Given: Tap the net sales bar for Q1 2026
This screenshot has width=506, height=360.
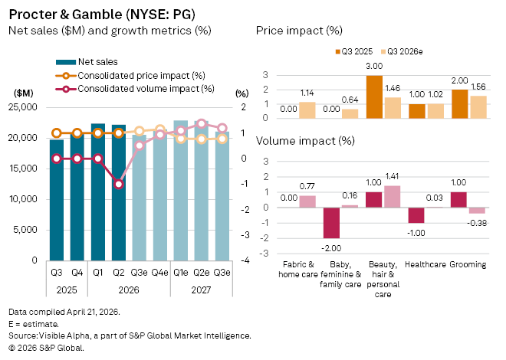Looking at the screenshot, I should click(x=98, y=191).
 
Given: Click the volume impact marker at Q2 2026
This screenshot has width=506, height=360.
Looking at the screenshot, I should click(x=118, y=184).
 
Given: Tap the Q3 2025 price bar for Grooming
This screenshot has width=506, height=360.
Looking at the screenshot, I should click(x=460, y=103).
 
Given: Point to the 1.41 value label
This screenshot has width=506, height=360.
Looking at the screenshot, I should click(x=392, y=178).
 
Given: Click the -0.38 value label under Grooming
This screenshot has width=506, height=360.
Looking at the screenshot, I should click(x=477, y=223).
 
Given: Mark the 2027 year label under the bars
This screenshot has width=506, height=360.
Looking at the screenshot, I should click(x=201, y=290).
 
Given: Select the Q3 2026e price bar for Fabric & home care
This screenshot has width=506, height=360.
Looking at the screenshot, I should click(x=306, y=110).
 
